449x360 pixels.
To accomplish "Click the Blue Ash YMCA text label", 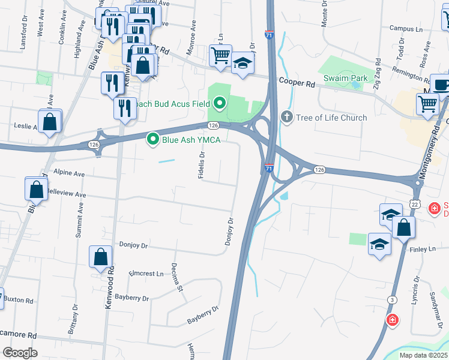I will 191,140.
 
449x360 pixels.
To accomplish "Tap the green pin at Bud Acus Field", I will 219,104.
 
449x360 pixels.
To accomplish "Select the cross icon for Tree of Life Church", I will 286,117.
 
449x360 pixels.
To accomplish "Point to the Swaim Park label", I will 345,78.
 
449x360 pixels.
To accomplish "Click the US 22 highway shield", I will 415,204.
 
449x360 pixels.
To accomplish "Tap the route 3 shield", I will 393,299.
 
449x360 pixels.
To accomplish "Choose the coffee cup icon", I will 442,85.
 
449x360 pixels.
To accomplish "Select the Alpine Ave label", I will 69,172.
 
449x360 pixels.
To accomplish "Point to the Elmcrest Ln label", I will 146,273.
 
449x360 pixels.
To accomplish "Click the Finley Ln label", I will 423,248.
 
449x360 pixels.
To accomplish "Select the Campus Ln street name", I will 406,28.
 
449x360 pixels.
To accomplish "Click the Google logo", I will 20,352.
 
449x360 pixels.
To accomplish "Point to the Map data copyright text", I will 423,355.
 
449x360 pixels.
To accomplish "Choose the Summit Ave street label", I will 78,221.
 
